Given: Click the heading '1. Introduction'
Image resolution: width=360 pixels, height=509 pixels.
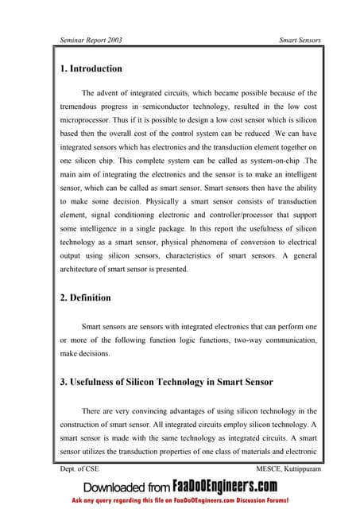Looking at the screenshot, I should (91, 68).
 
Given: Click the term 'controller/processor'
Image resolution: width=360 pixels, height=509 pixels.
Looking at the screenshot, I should (219, 220).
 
